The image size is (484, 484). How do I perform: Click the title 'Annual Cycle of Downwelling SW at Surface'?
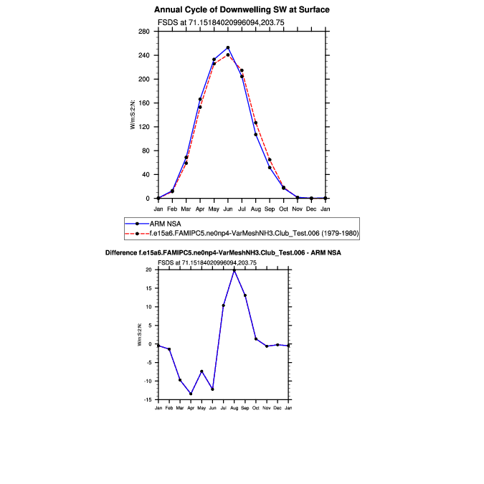point(242,10)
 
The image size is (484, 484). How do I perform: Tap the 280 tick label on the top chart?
point(144,32)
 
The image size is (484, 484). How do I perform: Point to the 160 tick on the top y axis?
point(144,103)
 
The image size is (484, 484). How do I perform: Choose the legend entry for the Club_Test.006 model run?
point(258,233)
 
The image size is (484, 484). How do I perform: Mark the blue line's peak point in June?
point(228,47)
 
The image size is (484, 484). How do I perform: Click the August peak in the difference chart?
point(234,270)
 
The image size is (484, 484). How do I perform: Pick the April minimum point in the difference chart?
point(191,394)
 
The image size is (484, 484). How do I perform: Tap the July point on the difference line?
point(224,305)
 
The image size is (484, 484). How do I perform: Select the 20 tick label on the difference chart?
point(149,270)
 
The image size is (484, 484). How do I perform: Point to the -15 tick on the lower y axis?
point(148,399)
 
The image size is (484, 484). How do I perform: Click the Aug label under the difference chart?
point(234,407)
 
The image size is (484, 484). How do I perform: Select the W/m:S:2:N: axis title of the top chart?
point(133,115)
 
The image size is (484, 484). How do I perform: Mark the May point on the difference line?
point(202,371)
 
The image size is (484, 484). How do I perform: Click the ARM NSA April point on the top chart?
point(200,99)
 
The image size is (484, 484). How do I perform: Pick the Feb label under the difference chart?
point(169,407)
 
